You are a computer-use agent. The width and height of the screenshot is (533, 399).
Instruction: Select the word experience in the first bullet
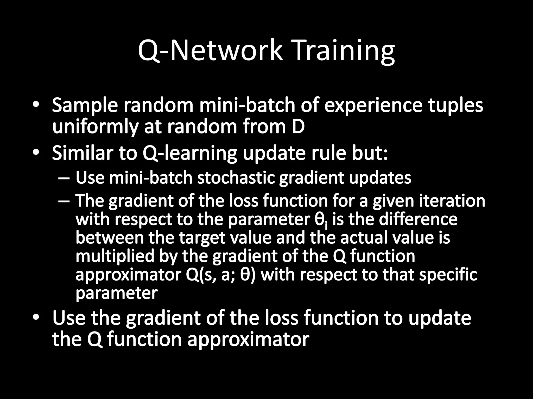373,106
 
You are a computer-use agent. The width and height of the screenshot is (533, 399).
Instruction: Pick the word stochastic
236,178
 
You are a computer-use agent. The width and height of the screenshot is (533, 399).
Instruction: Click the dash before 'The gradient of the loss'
64,201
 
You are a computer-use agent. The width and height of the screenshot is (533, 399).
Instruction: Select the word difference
418,219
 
